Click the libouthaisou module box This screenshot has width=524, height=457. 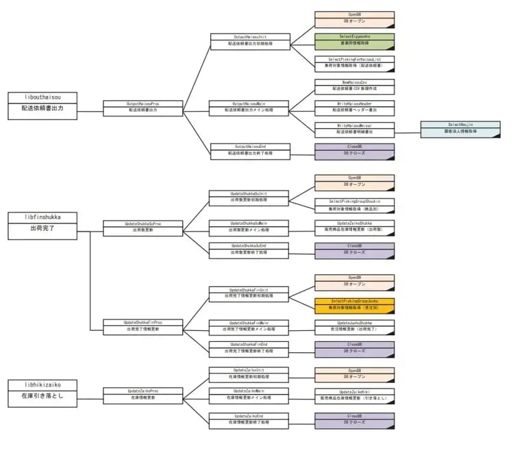click(42, 103)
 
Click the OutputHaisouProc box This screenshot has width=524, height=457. click(144, 107)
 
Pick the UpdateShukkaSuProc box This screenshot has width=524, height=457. click(143, 227)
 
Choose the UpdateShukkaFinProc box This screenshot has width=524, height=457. click(143, 325)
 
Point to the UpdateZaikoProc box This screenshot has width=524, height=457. click(143, 394)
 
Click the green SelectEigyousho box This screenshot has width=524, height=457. click(354, 40)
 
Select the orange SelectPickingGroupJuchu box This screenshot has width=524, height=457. click(354, 304)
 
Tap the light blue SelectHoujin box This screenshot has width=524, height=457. click(460, 128)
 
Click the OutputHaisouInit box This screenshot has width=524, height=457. click(250, 40)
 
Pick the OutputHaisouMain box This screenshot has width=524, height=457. click(250, 107)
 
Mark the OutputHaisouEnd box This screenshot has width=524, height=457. click(250, 150)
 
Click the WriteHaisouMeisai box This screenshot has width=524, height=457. click(354, 129)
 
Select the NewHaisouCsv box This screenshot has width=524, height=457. click(354, 86)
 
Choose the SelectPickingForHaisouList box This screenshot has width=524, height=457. click(354, 63)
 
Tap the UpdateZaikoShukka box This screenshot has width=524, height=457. click(354, 226)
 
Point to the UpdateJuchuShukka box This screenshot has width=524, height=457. click(354, 325)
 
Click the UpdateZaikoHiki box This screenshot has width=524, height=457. click(354, 394)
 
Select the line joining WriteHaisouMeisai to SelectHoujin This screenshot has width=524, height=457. click(408, 132)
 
